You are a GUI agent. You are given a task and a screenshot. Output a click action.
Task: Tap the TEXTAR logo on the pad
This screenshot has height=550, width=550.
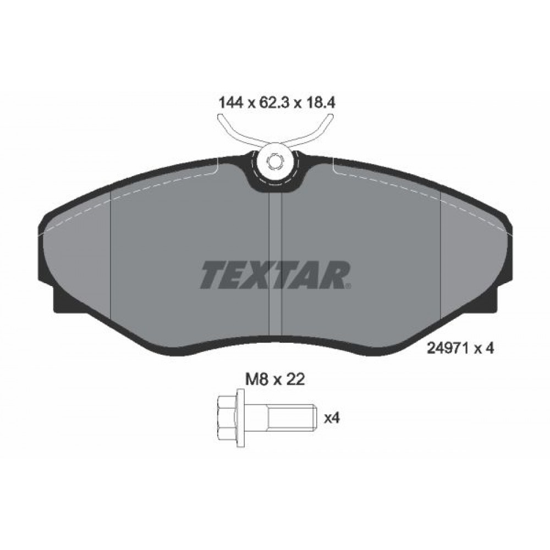(275, 274)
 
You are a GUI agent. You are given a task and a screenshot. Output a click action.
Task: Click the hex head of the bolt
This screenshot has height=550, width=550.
(230, 418)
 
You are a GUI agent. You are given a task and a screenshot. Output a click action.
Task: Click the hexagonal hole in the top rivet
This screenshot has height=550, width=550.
(274, 162)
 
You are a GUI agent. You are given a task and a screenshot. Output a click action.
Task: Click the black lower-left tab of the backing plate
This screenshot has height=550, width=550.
(62, 300)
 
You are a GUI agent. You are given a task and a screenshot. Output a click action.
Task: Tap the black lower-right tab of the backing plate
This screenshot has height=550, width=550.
(489, 300)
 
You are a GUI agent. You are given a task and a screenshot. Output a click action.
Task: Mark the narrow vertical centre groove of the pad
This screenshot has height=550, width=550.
(274, 264)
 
